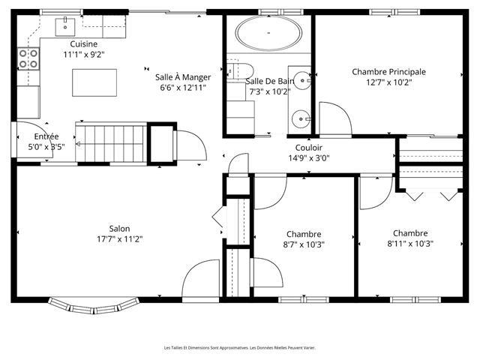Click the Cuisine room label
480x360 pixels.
click(x=83, y=44)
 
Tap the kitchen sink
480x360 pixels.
click(x=65, y=27)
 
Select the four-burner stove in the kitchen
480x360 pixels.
click(x=28, y=58)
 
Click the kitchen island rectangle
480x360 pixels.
click(x=94, y=82)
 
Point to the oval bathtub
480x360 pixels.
click(x=268, y=33)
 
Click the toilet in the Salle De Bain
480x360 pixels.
click(x=240, y=71)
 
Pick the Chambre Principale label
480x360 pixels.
click(x=388, y=72)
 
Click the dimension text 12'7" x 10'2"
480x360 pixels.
click(x=388, y=82)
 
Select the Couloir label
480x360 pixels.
click(x=308, y=148)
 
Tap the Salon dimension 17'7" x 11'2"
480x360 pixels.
click(x=120, y=238)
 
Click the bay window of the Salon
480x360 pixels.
click(x=94, y=306)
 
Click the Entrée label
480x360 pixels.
click(x=46, y=136)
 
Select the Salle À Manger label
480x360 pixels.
click(x=183, y=77)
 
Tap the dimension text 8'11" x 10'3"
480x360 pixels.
click(x=410, y=244)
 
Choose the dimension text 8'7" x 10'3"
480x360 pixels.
click(x=304, y=244)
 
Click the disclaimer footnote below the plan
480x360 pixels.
click(x=240, y=348)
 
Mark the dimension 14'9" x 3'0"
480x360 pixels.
click(x=308, y=158)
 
